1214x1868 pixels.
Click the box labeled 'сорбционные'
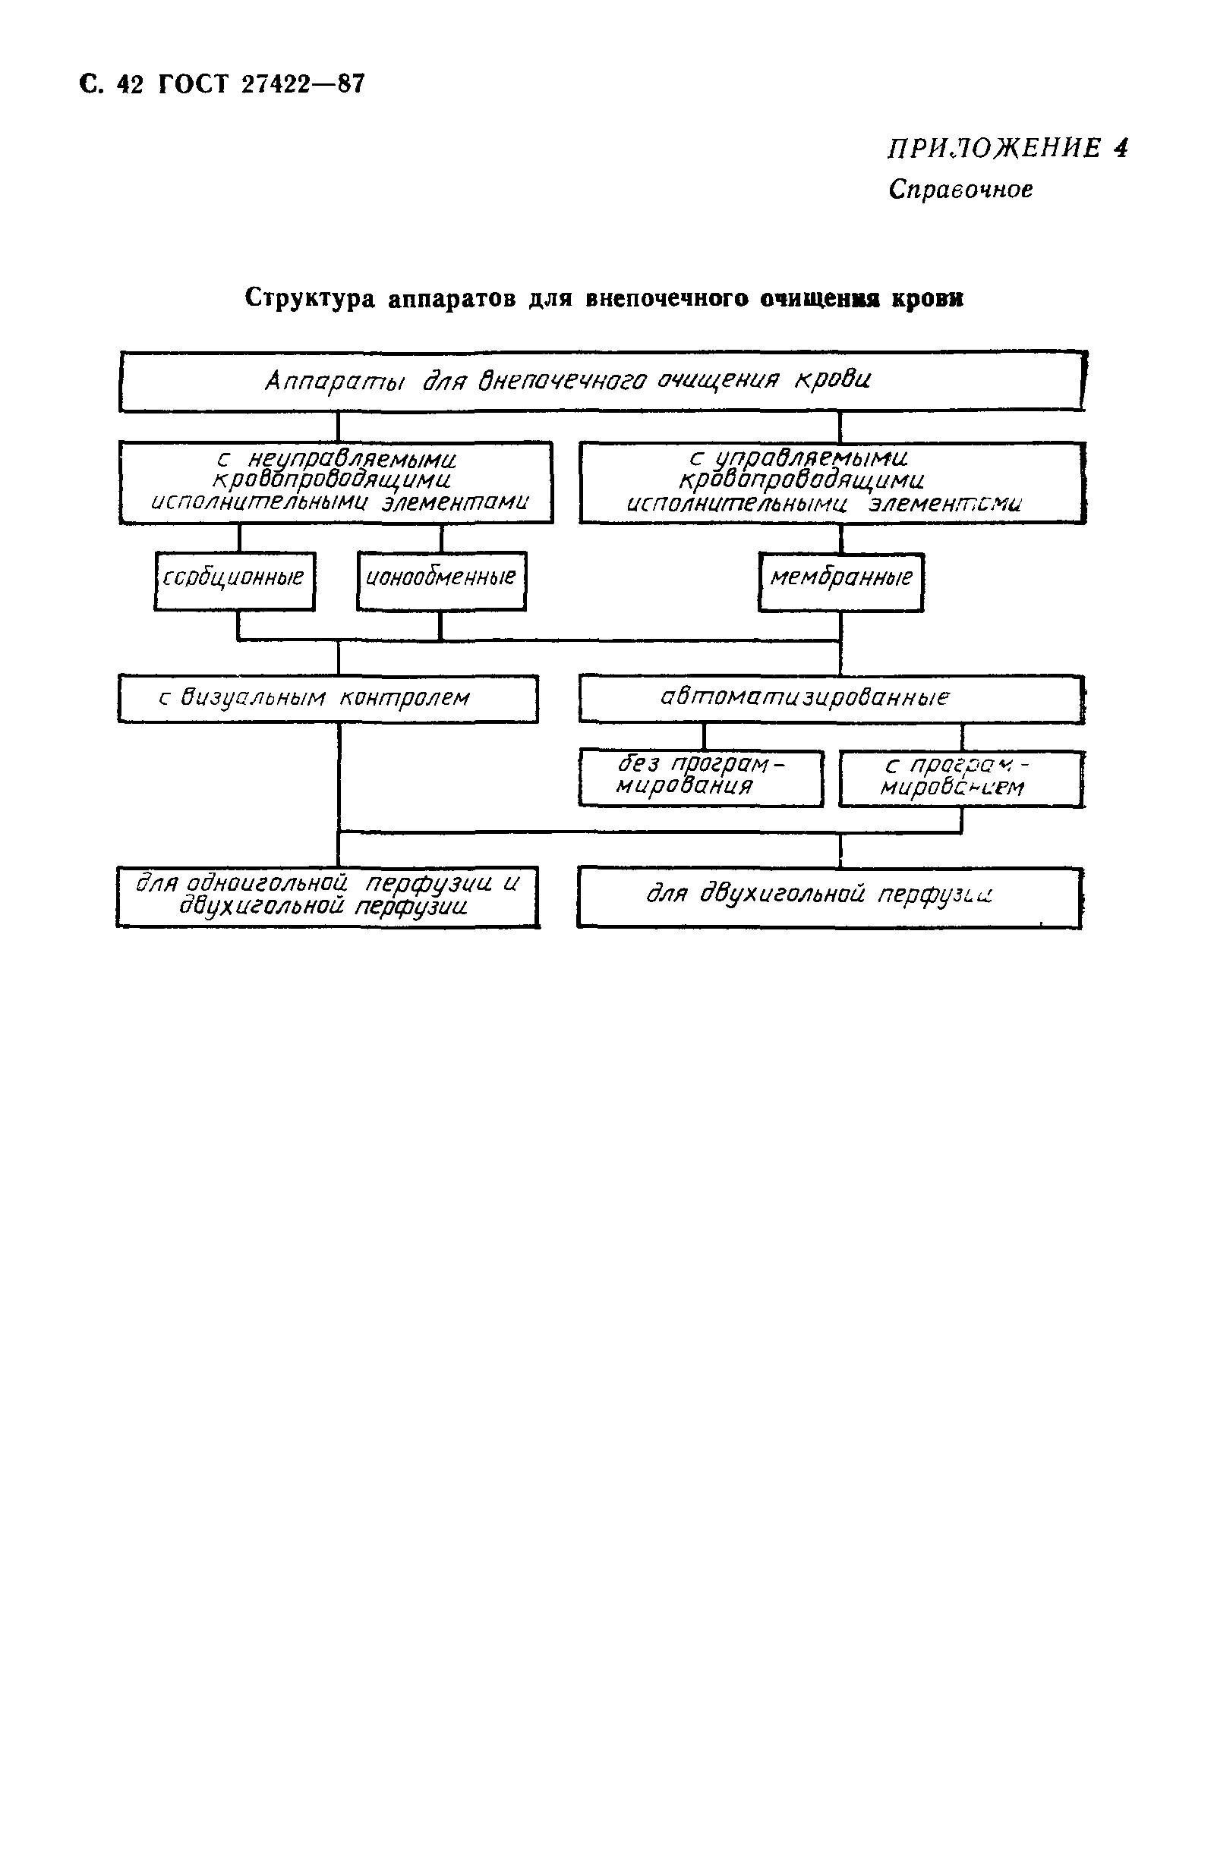234,580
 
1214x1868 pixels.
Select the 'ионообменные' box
440,580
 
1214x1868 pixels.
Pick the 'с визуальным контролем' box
327,698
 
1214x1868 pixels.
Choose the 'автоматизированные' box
831,698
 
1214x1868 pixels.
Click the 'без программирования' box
701,777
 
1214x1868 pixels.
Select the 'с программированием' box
960,778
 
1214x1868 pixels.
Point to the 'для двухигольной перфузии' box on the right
828,896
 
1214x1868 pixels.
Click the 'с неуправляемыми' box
336,481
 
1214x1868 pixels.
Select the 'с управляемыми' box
831,481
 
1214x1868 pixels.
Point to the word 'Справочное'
960,190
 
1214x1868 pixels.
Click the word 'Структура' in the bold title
310,298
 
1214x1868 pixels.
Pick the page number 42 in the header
131,85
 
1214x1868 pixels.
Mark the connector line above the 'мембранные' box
841,538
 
